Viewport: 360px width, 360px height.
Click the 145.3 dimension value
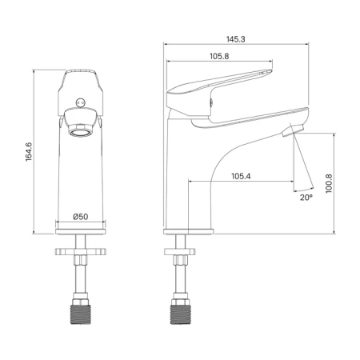coord(236,39)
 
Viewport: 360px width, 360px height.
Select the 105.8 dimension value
coord(219,56)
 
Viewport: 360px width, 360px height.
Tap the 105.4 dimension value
coord(241,176)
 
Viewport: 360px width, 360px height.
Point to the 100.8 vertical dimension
coord(329,183)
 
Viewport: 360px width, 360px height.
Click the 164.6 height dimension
coord(29,152)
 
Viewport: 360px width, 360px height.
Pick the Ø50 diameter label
coord(81,217)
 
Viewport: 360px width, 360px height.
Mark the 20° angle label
coord(306,198)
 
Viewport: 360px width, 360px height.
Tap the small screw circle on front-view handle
coord(81,102)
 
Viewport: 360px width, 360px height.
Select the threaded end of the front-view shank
coord(80,314)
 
